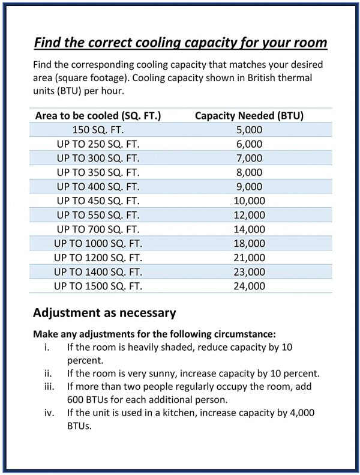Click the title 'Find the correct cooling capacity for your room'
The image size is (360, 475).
pos(180,43)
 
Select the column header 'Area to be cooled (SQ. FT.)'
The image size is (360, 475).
pos(98,115)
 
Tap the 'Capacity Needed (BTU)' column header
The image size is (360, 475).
pos(249,115)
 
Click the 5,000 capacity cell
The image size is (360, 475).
pos(249,130)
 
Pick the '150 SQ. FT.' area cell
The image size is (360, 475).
pos(98,130)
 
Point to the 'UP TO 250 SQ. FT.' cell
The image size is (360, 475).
pos(98,144)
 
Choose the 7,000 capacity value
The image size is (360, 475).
pos(249,158)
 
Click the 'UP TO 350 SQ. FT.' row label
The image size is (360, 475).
pos(98,172)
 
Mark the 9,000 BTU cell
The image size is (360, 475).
pos(249,186)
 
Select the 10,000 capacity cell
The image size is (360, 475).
pos(249,201)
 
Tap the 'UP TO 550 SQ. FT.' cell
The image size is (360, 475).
pos(98,215)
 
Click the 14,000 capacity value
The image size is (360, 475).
pos(249,229)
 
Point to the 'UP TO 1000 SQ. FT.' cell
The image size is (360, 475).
pos(98,243)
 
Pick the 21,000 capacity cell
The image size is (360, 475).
pos(249,258)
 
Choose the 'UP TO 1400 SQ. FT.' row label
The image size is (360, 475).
pos(98,271)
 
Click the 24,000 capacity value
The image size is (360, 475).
pos(249,286)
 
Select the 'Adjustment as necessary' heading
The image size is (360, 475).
pos(104,313)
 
